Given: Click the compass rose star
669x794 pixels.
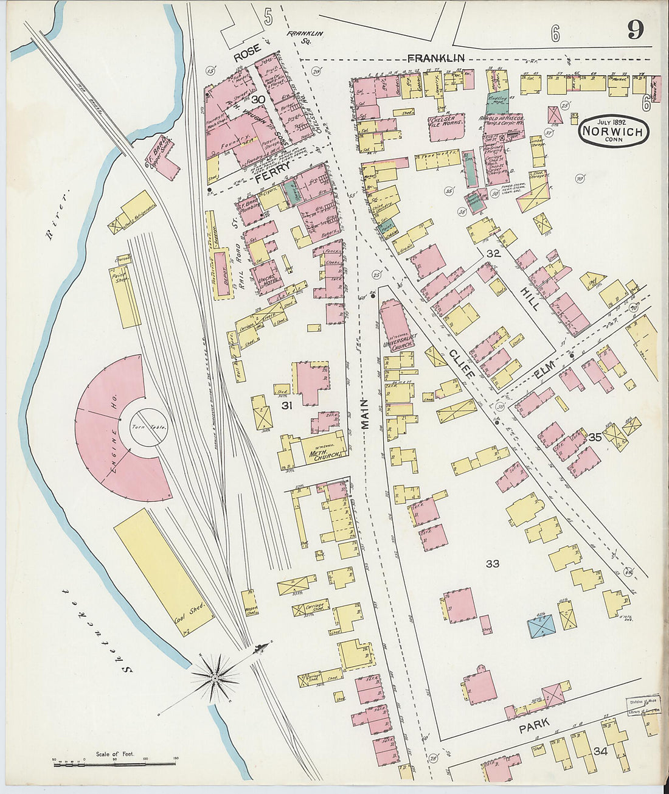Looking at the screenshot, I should (x=215, y=677).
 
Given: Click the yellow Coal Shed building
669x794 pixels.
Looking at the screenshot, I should (x=163, y=573).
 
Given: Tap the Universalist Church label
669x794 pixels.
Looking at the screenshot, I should (x=398, y=345).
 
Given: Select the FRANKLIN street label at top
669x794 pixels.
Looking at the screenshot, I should (x=435, y=58).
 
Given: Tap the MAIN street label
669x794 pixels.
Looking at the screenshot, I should (x=366, y=415).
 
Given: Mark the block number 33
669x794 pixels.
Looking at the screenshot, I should (x=492, y=564).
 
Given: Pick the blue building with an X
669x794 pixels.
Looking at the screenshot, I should (x=541, y=626).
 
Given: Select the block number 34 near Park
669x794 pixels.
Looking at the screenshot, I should (x=600, y=751).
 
